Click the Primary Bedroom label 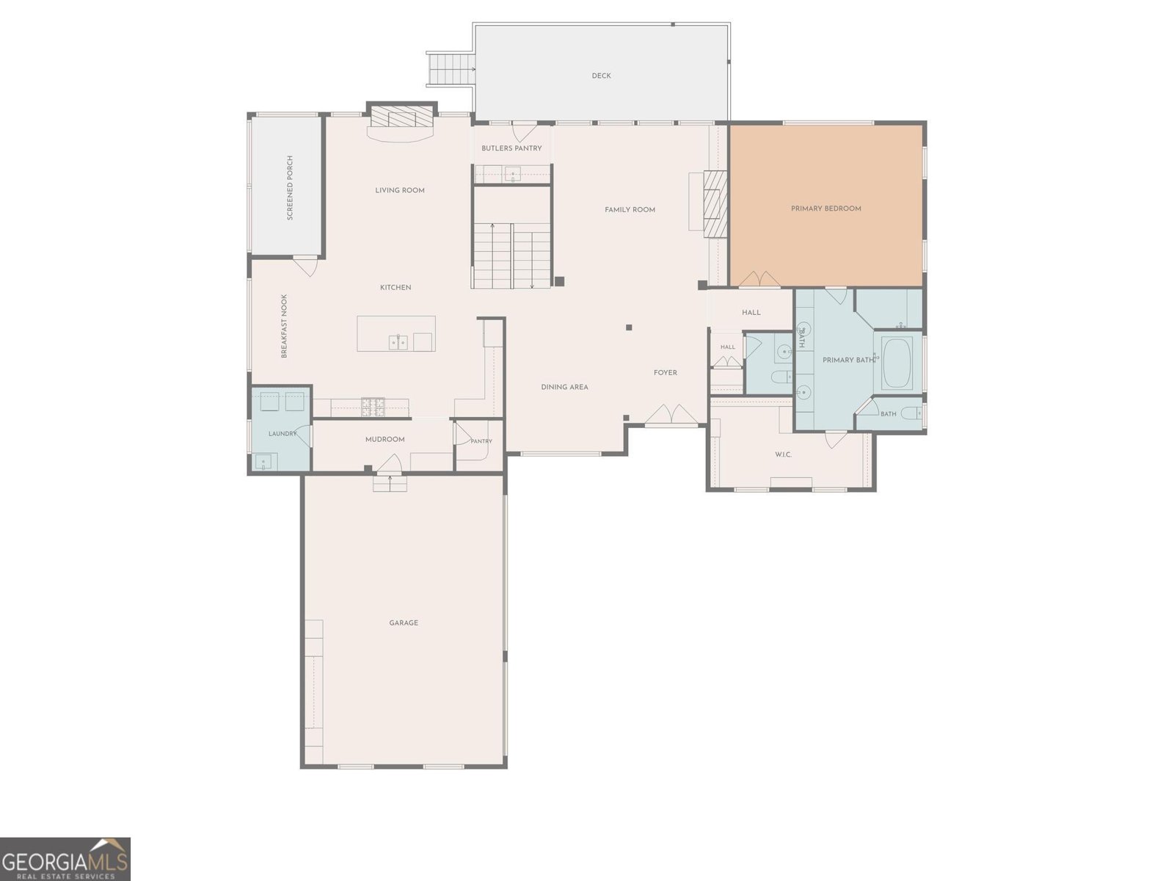click(825, 209)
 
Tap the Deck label click(601, 76)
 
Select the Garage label click(404, 623)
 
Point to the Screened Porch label click(290, 188)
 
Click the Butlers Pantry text click(511, 148)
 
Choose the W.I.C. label click(783, 454)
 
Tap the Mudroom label click(384, 439)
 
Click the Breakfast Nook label click(284, 326)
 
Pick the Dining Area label click(564, 387)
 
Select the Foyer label click(665, 372)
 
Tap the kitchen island click(395, 333)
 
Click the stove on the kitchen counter click(372, 407)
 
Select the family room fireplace click(715, 203)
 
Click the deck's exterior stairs click(451, 70)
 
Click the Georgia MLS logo click(65, 858)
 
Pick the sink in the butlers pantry click(512, 173)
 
